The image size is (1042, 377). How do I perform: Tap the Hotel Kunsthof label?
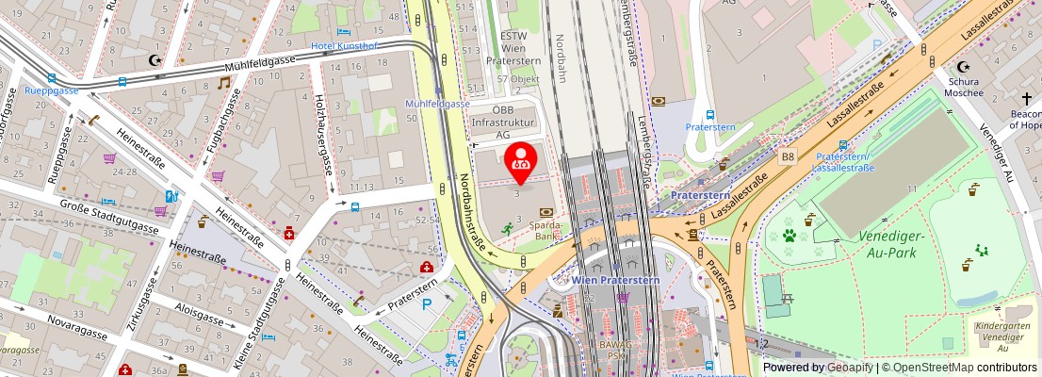(x=347, y=45)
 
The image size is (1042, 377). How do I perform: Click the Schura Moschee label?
(x=963, y=87)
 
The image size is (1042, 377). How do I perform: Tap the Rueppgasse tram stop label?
(x=51, y=91)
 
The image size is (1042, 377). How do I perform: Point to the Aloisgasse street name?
(x=199, y=312)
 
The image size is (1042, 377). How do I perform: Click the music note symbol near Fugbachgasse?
(x=223, y=83)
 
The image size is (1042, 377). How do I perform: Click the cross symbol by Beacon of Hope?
(x=1026, y=98)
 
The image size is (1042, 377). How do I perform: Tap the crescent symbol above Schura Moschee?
(x=963, y=67)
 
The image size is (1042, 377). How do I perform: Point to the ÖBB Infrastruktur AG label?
(x=503, y=123)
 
